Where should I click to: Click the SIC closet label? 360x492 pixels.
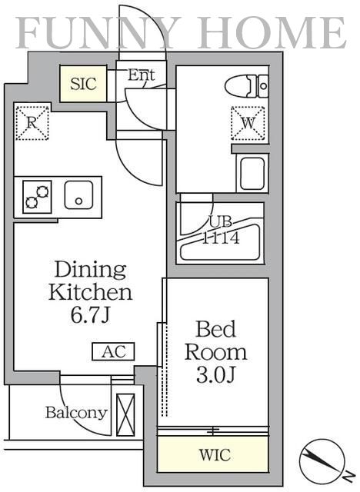pos(83,84)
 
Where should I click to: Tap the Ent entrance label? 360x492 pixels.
pos(142,75)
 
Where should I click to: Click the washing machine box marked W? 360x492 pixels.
pos(248,123)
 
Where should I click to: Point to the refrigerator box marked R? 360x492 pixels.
pos(32,123)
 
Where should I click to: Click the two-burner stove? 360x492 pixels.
pos(38,197)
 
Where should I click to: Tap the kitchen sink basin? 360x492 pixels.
pos(78,194)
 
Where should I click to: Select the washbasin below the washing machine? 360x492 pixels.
pos(252,173)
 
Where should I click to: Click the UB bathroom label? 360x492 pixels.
pos(221,221)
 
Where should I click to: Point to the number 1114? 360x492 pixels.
pos(221,238)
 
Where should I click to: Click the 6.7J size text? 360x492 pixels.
pos(90,314)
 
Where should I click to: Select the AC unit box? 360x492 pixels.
pos(113,351)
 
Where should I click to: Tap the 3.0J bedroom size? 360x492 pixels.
pos(216,374)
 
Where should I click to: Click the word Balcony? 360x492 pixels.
pos(77,413)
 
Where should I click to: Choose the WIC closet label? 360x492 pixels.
pos(215,454)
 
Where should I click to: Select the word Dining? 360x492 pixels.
pos(91,270)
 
